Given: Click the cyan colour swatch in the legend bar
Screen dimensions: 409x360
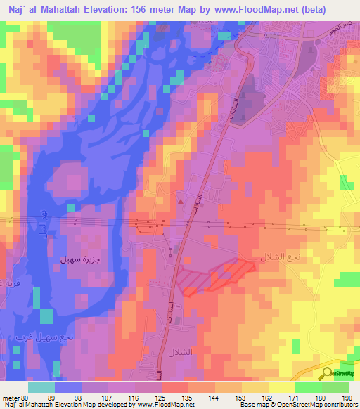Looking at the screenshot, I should pyautogui.click(x=41, y=387).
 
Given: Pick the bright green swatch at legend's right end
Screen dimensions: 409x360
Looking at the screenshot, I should pyautogui.click(x=335, y=387).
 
